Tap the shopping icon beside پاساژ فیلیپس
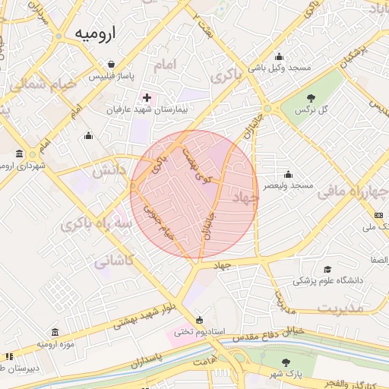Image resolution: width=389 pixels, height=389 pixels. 112,65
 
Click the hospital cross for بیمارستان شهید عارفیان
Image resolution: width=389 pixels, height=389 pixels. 147,98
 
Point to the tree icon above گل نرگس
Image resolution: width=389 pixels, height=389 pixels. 312,97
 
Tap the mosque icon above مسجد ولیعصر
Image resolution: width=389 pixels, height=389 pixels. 286,174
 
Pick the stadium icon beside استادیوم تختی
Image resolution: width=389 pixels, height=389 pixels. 199,320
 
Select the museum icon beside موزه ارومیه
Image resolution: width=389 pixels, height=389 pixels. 55,333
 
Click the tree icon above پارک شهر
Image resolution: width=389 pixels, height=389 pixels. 285,362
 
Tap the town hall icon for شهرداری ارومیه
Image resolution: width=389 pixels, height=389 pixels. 17,154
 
